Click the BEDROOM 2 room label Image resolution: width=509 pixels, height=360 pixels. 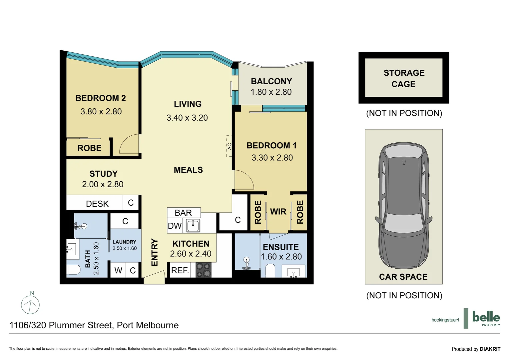coord(101,98)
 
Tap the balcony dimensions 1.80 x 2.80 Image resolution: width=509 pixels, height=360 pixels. coord(271,92)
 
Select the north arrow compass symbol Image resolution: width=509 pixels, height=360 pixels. coord(30,304)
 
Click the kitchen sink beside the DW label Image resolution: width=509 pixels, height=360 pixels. coord(193,226)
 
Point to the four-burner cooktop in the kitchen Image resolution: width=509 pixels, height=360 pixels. coord(203,270)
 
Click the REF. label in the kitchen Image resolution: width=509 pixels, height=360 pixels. coord(180,270)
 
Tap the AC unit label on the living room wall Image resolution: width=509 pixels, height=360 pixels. coord(229,146)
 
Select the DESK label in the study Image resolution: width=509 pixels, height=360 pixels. coord(97,204)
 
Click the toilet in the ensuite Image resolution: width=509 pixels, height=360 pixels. coord(270,270)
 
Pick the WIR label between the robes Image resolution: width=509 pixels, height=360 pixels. coord(278,212)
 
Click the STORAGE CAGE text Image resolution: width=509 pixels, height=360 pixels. coord(404,78)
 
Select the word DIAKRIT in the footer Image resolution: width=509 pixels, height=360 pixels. coord(490,349)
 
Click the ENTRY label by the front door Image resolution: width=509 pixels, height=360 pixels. coord(155,252)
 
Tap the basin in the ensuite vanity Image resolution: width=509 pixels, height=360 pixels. coord(293,272)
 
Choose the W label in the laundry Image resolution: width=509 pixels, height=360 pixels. coord(118,270)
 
